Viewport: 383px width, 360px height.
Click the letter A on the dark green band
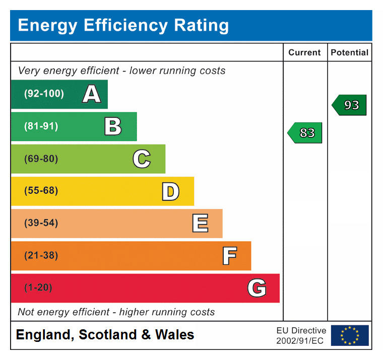pyautogui.click(x=91, y=94)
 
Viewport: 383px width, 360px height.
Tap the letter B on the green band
pyautogui.click(x=113, y=126)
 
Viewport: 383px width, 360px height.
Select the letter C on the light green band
pyautogui.click(x=142, y=159)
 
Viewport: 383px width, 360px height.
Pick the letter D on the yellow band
pyautogui.click(x=170, y=191)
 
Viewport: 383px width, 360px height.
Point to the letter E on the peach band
pyautogui.click(x=200, y=224)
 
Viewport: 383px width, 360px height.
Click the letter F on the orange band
pyautogui.click(x=229, y=256)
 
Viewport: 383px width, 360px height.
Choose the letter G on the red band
pyautogui.click(x=257, y=288)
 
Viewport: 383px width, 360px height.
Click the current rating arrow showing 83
pyautogui.click(x=305, y=133)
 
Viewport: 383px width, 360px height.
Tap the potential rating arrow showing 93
pyautogui.click(x=349, y=105)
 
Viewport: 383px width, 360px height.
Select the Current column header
pyautogui.click(x=304, y=52)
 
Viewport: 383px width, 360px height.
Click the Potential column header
pyautogui.click(x=349, y=52)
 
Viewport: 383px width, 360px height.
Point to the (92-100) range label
pyautogui.click(x=44, y=94)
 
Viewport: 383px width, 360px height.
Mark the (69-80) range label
pyautogui.click(x=41, y=159)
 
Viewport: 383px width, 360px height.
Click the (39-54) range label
pyautogui.click(x=41, y=223)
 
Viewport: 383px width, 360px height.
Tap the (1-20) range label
pyautogui.click(x=38, y=288)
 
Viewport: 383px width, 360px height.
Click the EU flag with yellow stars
pyautogui.click(x=349, y=335)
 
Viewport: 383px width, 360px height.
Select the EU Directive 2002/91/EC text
pyautogui.click(x=301, y=336)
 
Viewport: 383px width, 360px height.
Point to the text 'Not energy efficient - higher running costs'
pyautogui.click(x=116, y=312)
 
